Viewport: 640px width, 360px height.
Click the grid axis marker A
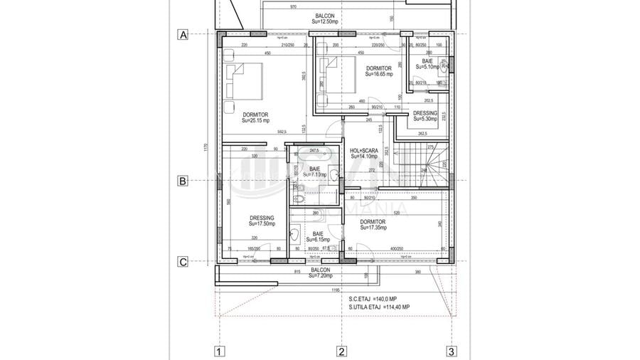pos(183,34)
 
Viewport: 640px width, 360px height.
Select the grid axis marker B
pos(183,181)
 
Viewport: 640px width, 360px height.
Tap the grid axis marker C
pos(183,262)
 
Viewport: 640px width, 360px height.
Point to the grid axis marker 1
pos(220,351)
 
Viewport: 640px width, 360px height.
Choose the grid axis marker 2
pos(341,351)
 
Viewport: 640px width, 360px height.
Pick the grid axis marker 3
pos(451,351)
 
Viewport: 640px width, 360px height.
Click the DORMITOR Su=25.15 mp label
pos(255,117)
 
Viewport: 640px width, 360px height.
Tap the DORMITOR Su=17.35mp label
pos(373,225)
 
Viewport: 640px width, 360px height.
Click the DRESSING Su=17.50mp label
pos(262,221)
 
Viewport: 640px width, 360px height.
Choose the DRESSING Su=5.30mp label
pos(426,117)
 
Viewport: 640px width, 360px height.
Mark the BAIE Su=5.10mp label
pos(427,65)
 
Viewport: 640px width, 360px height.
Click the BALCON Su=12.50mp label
pos(326,18)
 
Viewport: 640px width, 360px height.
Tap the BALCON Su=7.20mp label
pos(321,272)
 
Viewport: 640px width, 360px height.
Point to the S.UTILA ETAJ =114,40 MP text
pos(379,307)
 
